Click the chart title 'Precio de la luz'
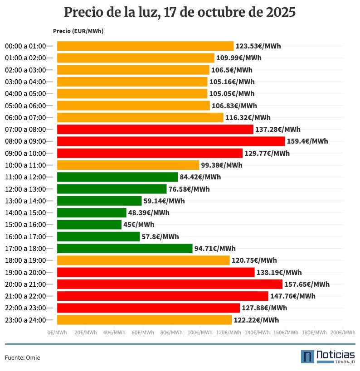180,12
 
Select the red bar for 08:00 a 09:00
170,141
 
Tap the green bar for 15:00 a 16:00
89,225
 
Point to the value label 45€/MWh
139,225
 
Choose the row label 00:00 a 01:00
25,46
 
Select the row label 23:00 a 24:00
25,320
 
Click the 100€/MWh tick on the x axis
200,332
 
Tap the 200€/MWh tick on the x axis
343,332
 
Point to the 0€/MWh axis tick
57,332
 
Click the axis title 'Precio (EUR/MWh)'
78,31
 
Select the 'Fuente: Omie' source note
22,358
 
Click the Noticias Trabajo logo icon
307,357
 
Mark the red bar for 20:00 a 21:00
170,284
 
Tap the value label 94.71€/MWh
215,249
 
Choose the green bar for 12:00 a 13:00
112,189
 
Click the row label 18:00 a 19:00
25,260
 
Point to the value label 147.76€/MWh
293,296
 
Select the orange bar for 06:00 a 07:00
140,118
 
